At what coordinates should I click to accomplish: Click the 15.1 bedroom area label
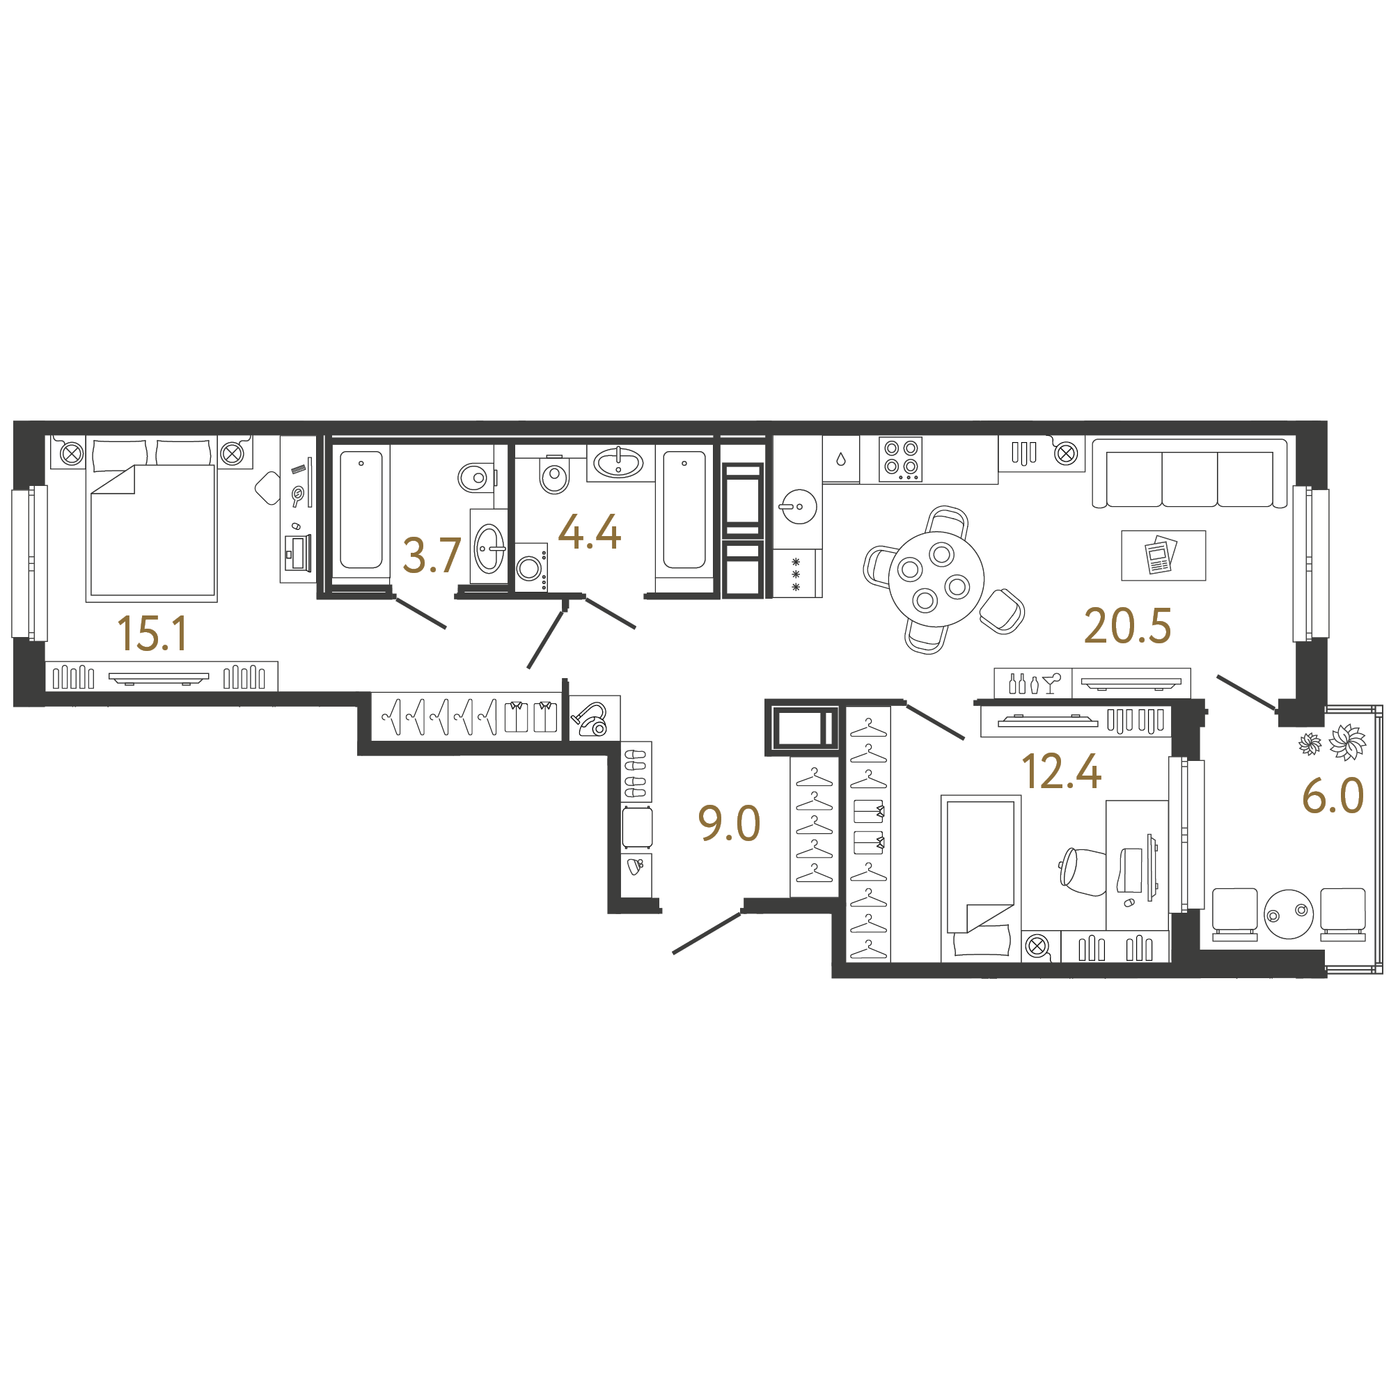tap(152, 633)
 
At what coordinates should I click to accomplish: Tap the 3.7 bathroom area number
tap(432, 555)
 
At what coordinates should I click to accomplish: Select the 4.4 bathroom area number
tap(590, 532)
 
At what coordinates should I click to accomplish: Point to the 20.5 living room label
tap(1127, 626)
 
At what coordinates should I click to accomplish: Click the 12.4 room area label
tap(1062, 771)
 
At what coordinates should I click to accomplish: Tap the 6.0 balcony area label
tap(1333, 796)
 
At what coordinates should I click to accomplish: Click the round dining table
tap(936, 579)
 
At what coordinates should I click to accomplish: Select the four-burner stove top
tap(901, 460)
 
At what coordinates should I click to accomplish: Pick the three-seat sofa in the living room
tap(1190, 474)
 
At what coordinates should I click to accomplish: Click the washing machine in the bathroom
tap(531, 567)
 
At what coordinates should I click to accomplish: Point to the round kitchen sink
tap(799, 507)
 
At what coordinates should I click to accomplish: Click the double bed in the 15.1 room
tap(151, 519)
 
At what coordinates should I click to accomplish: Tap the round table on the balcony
tap(1289, 914)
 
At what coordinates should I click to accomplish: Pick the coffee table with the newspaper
tap(1163, 556)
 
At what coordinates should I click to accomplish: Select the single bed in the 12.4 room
tap(980, 879)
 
